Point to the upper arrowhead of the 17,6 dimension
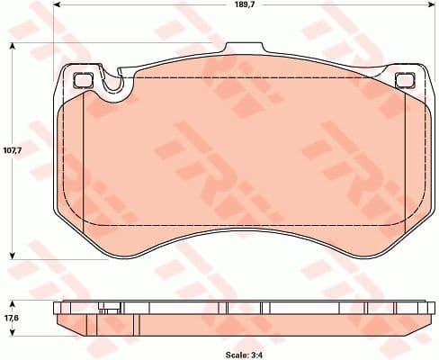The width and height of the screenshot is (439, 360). pyautogui.click(x=12, y=301)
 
